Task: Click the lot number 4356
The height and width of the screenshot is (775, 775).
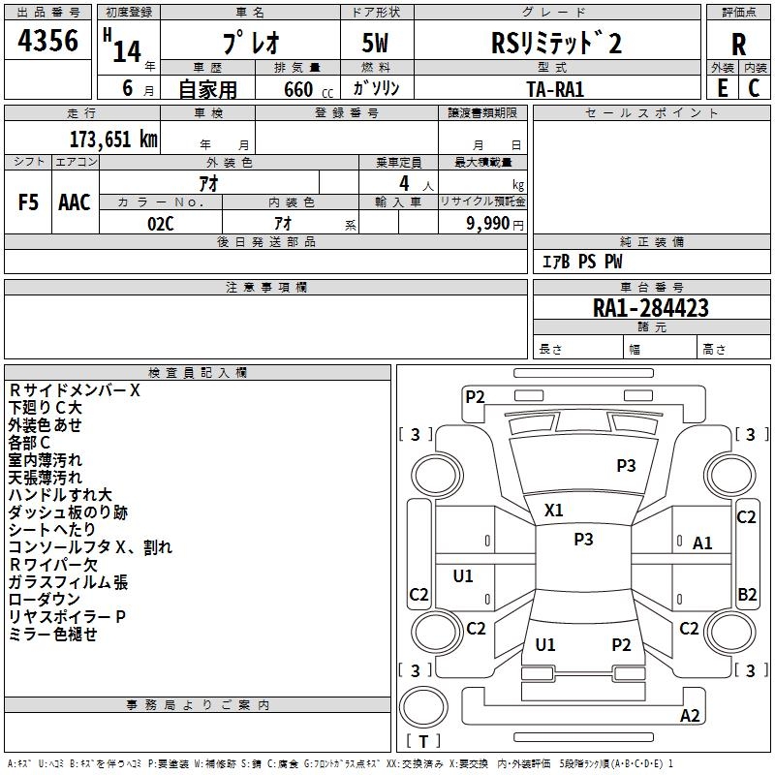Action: coord(47,41)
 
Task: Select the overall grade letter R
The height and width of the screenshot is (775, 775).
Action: coord(738,44)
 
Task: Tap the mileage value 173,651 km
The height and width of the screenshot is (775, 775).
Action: coord(113,139)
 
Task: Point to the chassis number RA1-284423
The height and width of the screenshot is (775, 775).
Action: coord(650,308)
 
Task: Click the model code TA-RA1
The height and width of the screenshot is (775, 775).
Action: coord(555,89)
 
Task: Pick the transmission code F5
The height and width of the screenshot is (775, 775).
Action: coord(28,202)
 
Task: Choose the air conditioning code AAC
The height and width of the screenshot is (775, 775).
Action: coord(75,202)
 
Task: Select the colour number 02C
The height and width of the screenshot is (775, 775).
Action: coord(161,224)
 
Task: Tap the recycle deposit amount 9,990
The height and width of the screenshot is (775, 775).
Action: coord(488,224)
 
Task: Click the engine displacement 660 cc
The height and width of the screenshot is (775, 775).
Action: coord(308,89)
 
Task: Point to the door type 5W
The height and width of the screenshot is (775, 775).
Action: coord(375,43)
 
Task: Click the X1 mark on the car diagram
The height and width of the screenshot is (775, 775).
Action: coord(553,511)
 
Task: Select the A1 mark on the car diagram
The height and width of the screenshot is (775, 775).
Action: coord(702,543)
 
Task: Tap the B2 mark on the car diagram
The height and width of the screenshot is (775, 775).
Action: coord(747,594)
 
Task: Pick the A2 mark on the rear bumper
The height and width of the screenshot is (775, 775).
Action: coord(690,715)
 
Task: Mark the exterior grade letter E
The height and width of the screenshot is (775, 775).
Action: coord(722,88)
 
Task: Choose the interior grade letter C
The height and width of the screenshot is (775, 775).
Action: coord(754,88)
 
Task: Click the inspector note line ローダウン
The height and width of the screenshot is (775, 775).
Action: coord(44,599)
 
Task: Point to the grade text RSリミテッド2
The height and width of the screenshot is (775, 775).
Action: coord(556,43)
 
